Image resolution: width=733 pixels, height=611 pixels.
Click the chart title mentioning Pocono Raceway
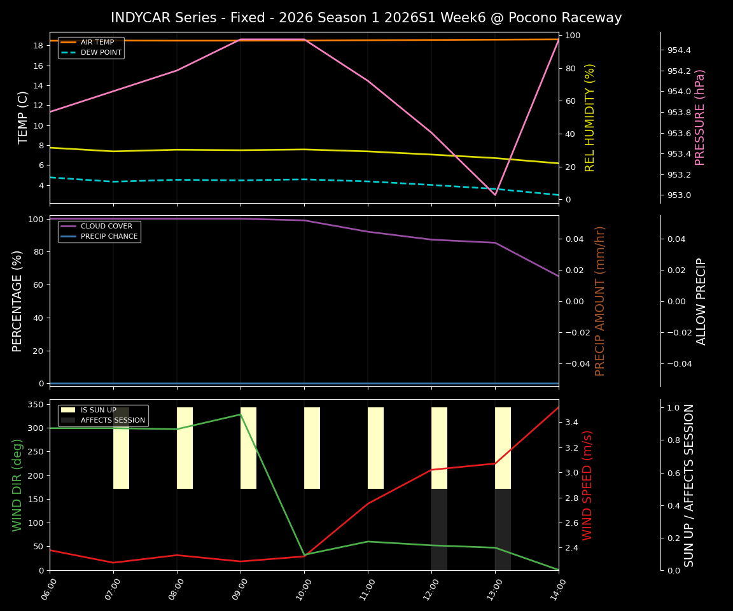[366, 18]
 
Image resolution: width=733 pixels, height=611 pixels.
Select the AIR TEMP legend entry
[97, 43]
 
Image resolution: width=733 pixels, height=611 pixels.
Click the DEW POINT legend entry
[101, 53]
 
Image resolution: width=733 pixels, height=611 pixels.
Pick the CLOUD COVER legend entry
[106, 227]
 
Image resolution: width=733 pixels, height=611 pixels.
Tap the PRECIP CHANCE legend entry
[109, 237]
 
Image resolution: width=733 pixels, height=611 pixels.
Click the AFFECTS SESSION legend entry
[113, 421]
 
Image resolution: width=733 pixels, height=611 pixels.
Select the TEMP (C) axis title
[24, 117]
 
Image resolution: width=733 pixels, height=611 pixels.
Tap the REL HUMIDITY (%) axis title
[590, 117]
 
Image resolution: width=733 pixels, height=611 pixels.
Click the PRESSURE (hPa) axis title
[700, 117]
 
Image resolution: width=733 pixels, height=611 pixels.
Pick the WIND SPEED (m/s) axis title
[587, 485]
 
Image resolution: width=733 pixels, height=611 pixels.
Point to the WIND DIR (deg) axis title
[18, 485]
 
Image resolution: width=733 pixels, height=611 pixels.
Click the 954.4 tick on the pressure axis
[679, 50]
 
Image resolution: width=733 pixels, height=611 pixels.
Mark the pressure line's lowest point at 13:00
[495, 195]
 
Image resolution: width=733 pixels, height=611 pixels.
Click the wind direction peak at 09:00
[241, 414]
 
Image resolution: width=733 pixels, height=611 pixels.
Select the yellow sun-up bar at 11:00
[375, 448]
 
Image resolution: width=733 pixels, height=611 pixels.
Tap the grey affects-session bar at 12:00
[439, 530]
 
